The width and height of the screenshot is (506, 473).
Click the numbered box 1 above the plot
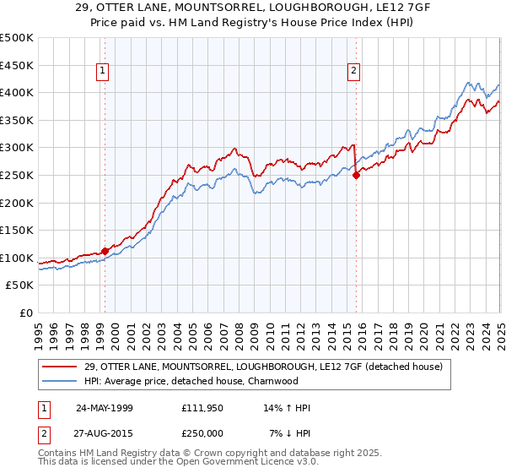(x=102, y=71)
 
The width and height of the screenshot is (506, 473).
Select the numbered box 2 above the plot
(x=353, y=71)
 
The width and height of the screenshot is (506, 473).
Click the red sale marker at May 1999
(x=105, y=251)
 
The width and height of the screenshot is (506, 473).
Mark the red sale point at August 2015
(x=357, y=175)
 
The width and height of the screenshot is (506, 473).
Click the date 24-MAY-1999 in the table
(x=105, y=408)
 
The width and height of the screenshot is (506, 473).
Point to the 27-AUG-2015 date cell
(x=105, y=433)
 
